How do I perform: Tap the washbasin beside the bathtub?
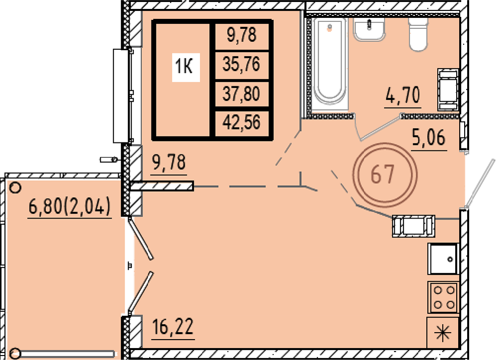(x=369, y=29)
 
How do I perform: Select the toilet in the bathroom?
(x=418, y=34)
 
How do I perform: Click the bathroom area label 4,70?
(x=403, y=96)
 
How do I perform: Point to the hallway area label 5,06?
(x=429, y=138)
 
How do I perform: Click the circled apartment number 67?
(x=384, y=174)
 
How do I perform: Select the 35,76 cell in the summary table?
(x=242, y=64)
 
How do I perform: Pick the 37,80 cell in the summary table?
(x=242, y=94)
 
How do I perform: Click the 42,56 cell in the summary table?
(x=242, y=122)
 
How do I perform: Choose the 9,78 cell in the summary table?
(x=242, y=35)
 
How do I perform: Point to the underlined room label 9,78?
(x=169, y=163)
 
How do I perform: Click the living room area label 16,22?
(x=173, y=328)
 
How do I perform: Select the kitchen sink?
(x=443, y=259)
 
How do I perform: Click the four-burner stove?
(x=443, y=297)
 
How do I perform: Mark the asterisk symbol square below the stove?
(x=443, y=333)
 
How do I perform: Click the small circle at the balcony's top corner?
(x=15, y=188)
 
